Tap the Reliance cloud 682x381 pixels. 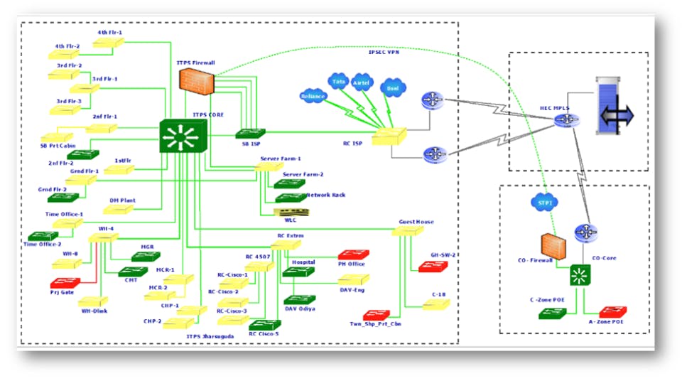[x=313, y=97]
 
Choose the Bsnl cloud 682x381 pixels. [x=390, y=89]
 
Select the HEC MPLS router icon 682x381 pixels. [x=566, y=122]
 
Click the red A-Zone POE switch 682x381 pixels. [x=612, y=311]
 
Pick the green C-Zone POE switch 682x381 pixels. [x=551, y=312]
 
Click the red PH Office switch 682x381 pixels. [x=352, y=254]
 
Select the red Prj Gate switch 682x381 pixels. [x=65, y=282]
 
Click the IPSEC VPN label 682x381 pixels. [x=384, y=52]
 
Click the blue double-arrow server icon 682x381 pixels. [x=615, y=115]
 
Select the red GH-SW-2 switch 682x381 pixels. [x=433, y=267]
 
